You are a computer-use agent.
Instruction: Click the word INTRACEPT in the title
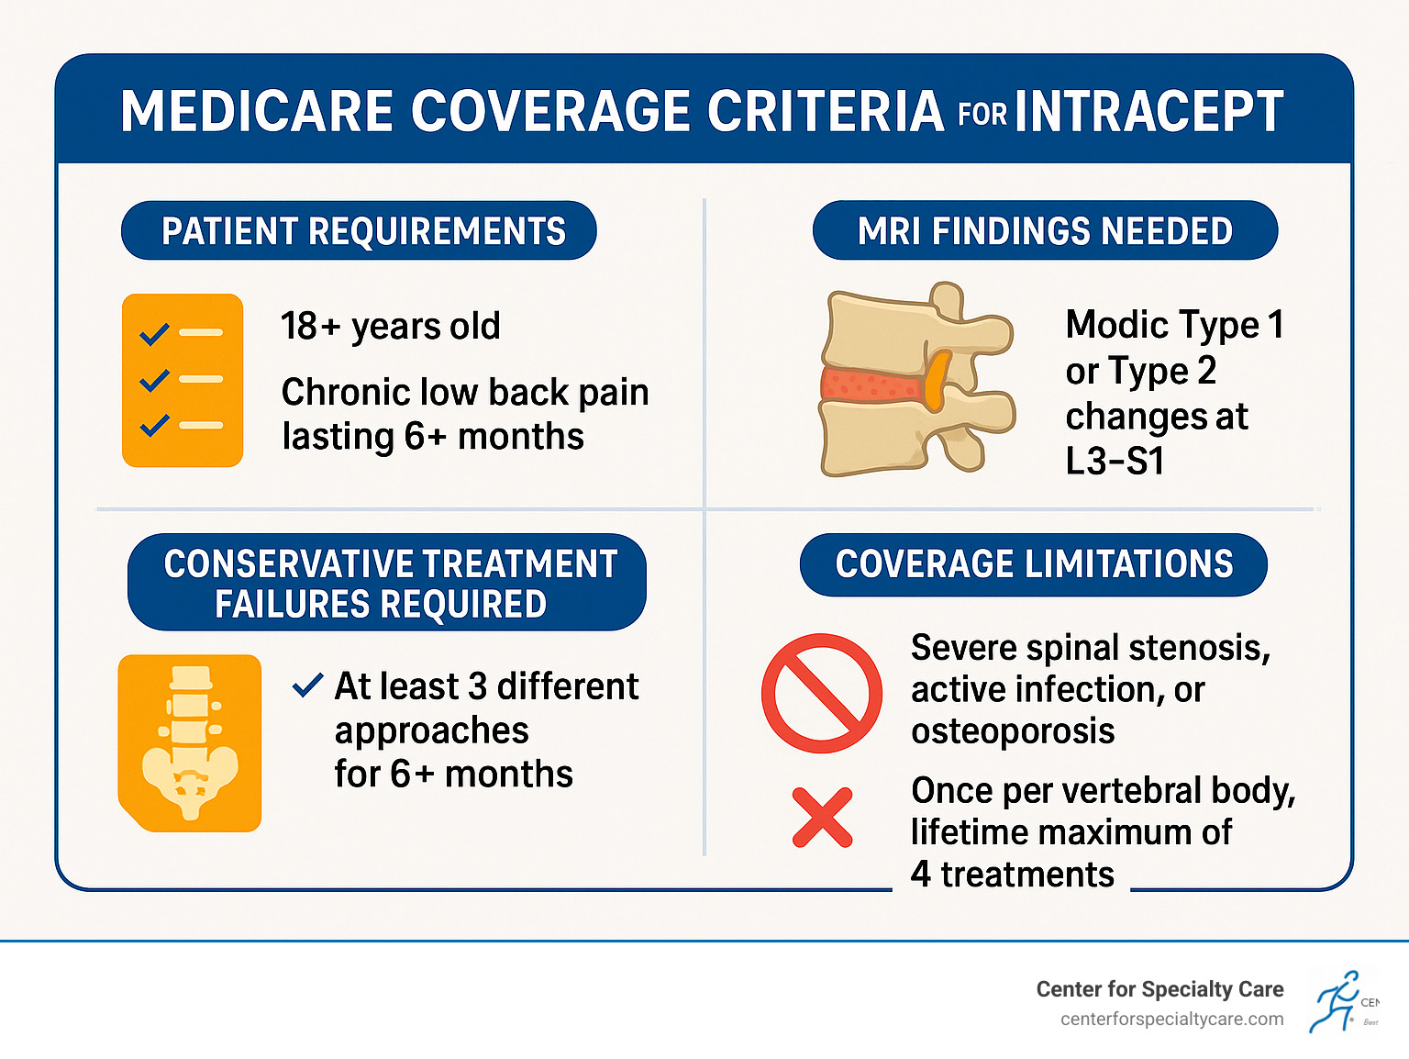coord(1148,112)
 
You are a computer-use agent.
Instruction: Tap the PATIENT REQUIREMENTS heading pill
coord(360,230)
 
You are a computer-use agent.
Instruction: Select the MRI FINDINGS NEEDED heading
coord(1045,230)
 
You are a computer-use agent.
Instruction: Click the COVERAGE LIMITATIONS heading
coord(1034,564)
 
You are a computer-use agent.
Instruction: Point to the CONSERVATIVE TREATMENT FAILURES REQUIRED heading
coord(387,583)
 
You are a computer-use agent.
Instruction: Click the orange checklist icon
coord(183,380)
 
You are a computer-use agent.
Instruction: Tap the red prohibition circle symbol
coord(821,693)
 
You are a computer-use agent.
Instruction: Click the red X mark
coord(822,817)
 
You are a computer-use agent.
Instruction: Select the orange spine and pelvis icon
coord(190,743)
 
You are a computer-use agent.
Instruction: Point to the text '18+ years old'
coord(391,326)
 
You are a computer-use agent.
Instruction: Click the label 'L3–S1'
coord(1115,462)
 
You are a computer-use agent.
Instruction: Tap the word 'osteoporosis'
coord(1013,731)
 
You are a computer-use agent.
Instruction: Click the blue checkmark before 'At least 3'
coord(307,685)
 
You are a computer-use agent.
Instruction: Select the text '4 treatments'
coord(1012,875)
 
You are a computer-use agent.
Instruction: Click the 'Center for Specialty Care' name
coord(1159,989)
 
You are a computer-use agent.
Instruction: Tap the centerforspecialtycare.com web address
coord(1171,1020)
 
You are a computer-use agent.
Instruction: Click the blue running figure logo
coord(1337,1001)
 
